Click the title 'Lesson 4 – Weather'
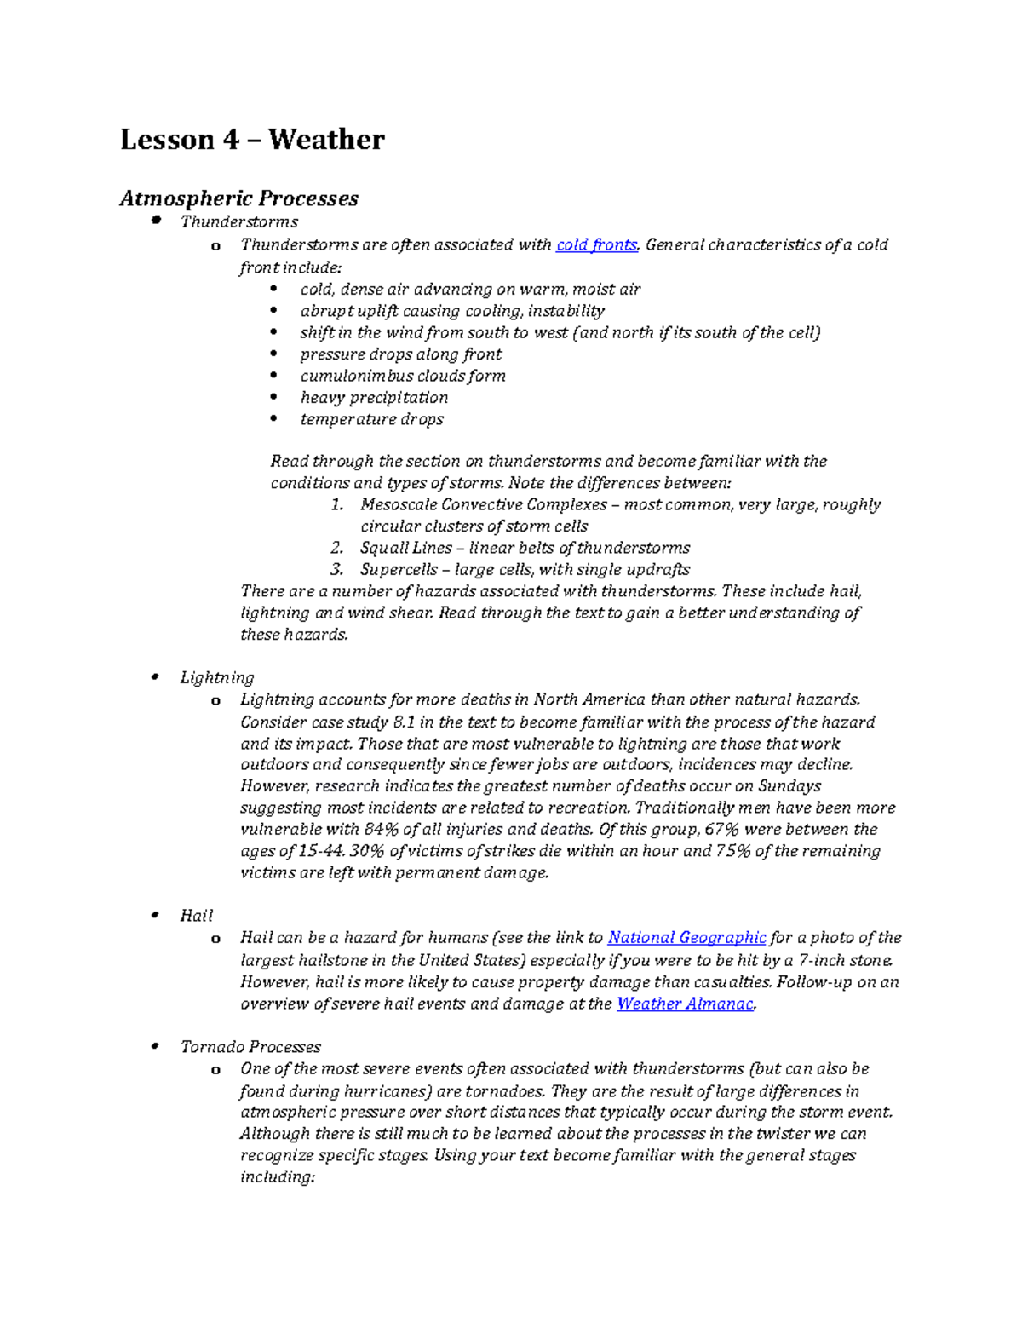click(252, 140)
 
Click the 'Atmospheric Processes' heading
click(238, 198)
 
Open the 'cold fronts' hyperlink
click(596, 245)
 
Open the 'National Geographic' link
click(686, 938)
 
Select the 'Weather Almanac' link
click(685, 1004)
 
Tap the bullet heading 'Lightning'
click(217, 678)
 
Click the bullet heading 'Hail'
click(197, 916)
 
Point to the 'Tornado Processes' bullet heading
click(250, 1047)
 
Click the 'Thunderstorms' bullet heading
click(239, 222)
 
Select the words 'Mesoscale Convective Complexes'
click(484, 505)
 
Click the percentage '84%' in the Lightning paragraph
click(381, 830)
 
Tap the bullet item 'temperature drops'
click(371, 419)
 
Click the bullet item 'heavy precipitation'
click(374, 398)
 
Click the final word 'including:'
click(278, 1177)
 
